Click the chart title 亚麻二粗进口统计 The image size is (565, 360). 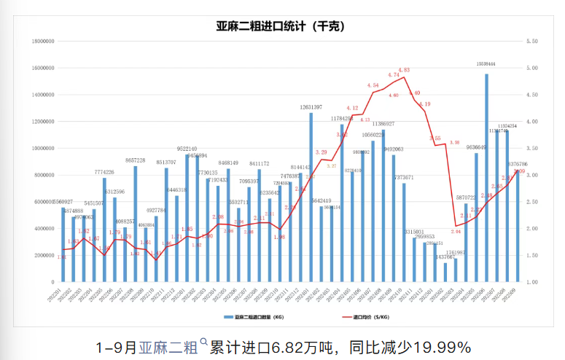(x=281, y=26)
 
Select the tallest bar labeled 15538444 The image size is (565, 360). (x=486, y=175)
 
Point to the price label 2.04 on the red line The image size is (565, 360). (x=456, y=232)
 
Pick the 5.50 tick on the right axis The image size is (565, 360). (x=531, y=42)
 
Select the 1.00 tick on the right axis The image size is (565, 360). (x=531, y=282)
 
